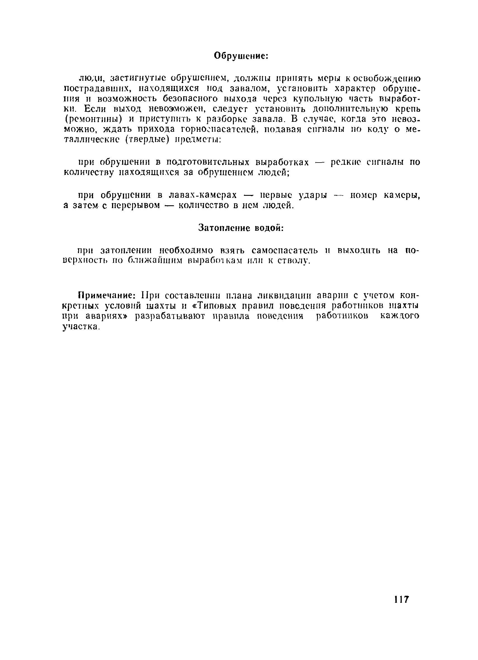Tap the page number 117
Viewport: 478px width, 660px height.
coord(401,599)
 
